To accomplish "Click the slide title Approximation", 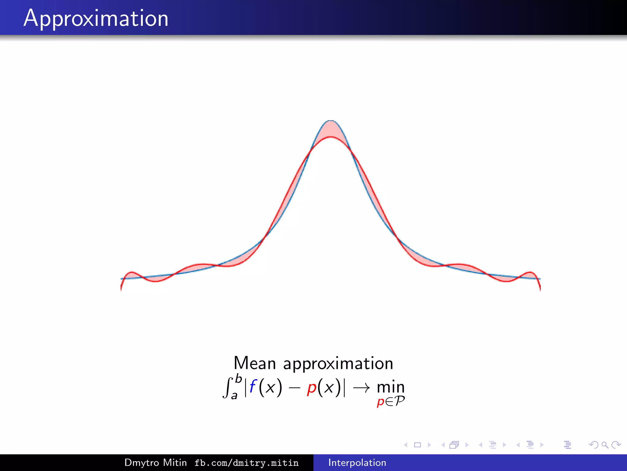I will point(96,18).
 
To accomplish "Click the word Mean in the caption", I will point(255,363).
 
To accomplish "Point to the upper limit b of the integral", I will point(238,379).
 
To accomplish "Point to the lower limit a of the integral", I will point(234,396).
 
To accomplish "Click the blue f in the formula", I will point(253,386).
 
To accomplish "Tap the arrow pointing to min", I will point(361,388).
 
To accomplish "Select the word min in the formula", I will point(391,387).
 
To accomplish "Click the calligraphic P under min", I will point(399,401).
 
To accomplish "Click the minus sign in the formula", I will point(294,388).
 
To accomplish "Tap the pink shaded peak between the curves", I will point(331,129).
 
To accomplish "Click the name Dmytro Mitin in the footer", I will point(156,462).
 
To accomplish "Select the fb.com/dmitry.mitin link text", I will point(246,463).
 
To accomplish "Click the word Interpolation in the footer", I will point(357,462).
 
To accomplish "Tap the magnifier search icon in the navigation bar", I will point(605,445).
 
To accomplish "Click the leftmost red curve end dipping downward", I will point(121,287).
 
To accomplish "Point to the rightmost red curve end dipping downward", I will point(540,287).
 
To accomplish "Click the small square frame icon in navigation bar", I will point(417,445).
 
